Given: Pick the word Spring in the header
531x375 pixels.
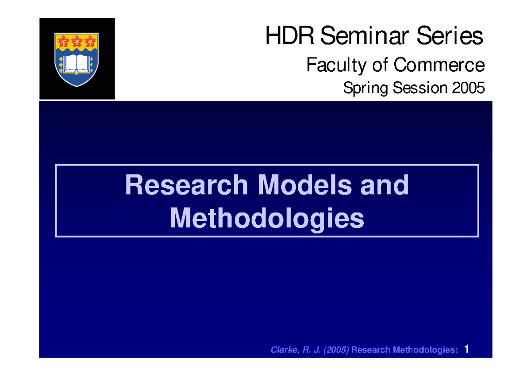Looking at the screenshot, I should [x=360, y=88].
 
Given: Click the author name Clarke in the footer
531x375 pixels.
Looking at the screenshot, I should [x=284, y=350].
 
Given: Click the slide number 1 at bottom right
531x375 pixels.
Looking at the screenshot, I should [x=466, y=350].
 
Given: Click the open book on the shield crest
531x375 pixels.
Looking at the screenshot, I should [x=77, y=64].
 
